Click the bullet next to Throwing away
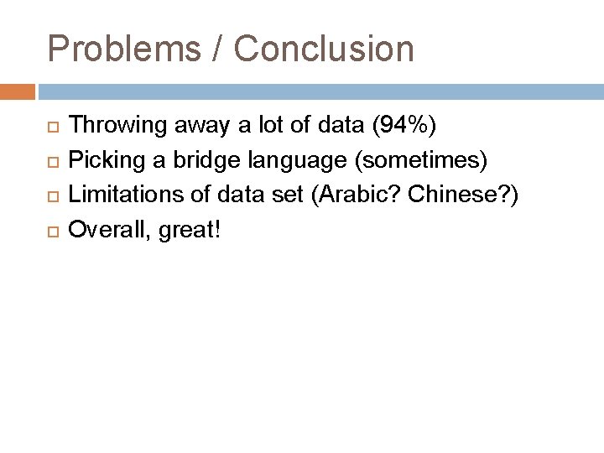[x=53, y=127]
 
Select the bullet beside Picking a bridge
[x=53, y=160]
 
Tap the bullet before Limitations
[x=53, y=195]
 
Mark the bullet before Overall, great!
[x=53, y=229]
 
